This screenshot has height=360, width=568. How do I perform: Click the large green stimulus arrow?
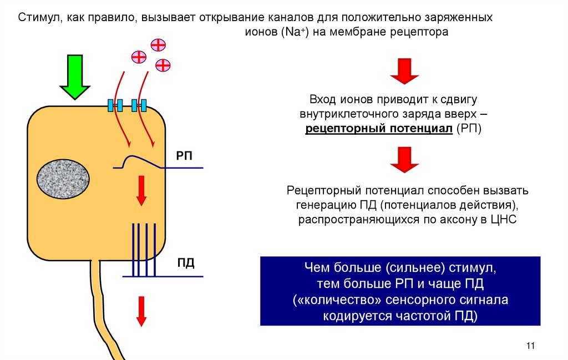(75, 77)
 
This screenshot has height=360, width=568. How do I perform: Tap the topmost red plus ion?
(159, 44)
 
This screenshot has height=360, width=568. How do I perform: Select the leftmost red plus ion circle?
(139, 56)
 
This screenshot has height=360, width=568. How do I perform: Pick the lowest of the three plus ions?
(163, 65)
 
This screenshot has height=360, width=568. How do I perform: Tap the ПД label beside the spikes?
(186, 262)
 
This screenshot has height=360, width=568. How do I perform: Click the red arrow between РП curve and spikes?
(141, 189)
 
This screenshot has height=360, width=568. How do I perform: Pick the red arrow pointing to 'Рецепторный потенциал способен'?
(404, 160)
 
